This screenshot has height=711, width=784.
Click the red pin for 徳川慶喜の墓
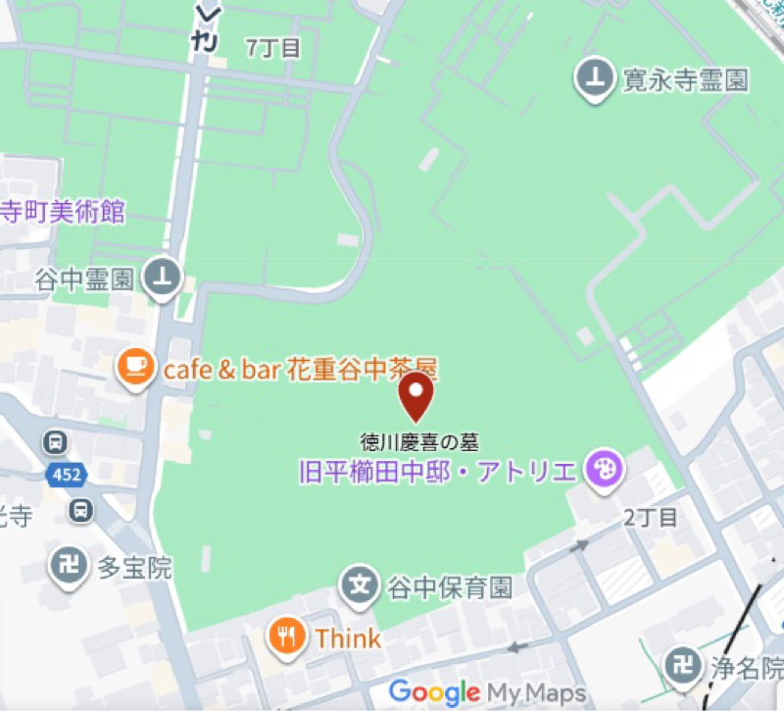417,395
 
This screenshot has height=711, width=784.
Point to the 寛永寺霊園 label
685,79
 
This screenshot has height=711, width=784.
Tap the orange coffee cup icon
135,369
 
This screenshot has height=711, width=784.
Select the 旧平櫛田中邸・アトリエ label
437,472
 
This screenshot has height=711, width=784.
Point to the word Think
348,638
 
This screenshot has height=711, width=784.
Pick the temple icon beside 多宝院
70,567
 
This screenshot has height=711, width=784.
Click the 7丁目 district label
273,49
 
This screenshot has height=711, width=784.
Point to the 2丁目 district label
650,518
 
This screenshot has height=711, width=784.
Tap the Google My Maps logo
487,692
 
